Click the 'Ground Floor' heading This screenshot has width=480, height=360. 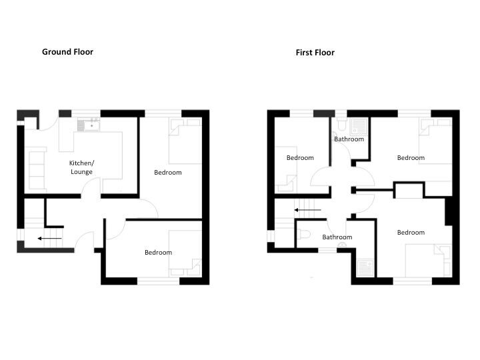(67, 51)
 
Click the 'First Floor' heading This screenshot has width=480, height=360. (315, 52)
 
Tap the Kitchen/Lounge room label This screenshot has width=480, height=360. (81, 167)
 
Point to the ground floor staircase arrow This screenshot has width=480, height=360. (50, 238)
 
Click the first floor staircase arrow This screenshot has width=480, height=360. (307, 210)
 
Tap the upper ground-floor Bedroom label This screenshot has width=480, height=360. (167, 173)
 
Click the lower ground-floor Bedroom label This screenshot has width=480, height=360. (158, 252)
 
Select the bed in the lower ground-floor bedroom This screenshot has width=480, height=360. (185, 253)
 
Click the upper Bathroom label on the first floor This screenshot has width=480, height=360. (349, 139)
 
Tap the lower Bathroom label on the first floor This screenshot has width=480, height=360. (337, 237)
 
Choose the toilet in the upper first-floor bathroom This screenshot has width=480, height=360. (341, 125)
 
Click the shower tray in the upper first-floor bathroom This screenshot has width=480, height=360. (360, 126)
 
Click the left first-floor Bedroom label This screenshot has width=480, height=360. (300, 158)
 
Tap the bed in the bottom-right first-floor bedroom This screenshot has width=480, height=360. (428, 259)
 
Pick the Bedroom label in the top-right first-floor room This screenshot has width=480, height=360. (411, 158)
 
